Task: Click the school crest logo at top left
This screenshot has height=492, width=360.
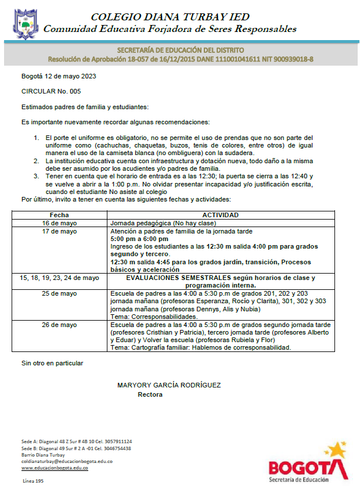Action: pos(25,22)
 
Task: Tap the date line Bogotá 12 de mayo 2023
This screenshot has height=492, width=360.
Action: pos(59,77)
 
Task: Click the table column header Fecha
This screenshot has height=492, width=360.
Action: pos(59,215)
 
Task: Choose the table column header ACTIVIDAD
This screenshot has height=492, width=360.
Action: pos(221,215)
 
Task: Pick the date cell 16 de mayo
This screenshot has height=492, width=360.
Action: pos(59,223)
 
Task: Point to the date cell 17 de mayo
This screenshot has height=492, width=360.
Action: pos(59,231)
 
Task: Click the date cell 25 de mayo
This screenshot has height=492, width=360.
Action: pos(59,293)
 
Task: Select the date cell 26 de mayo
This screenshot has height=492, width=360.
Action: pos(59,325)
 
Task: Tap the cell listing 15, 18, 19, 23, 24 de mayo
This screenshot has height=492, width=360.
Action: pos(59,278)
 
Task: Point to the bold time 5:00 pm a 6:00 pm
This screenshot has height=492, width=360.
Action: pos(139,239)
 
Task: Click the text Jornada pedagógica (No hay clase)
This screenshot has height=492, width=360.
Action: pos(163,223)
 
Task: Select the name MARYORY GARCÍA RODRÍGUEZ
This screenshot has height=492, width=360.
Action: pos(169,385)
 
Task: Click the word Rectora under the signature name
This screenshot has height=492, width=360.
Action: pos(150,394)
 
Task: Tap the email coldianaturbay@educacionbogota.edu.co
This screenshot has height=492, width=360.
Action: pos(67,461)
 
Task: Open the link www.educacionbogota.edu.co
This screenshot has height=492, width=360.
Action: pos(55,468)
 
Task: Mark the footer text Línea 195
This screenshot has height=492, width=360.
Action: pos(33,482)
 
